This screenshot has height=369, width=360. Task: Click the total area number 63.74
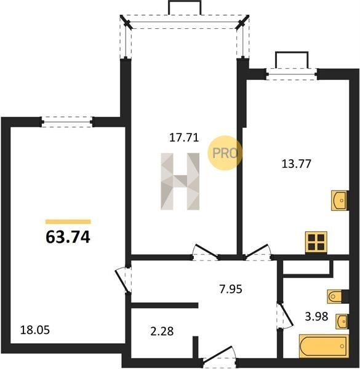tap(68, 237)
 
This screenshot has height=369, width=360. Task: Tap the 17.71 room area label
tap(184, 137)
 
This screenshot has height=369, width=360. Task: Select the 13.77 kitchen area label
tap(297, 164)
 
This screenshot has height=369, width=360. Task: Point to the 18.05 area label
tap(35, 330)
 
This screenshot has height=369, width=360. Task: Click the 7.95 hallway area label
tap(231, 289)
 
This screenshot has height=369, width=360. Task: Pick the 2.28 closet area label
tap(162, 331)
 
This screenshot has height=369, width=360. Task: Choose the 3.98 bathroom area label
tap(316, 316)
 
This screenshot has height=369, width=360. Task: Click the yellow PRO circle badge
tap(225, 153)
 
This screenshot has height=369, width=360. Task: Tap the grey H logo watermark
tap(180, 181)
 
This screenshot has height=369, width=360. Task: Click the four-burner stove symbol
tap(316, 242)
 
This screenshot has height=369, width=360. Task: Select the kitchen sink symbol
tap(340, 200)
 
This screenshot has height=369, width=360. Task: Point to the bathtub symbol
tap(324, 346)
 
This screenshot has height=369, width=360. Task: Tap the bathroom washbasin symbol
tap(342, 321)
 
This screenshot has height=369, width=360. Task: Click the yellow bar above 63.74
tap(68, 221)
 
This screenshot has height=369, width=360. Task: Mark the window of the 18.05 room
tap(68, 122)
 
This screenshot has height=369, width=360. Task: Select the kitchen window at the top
tap(292, 74)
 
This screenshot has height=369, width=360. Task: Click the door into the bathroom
tap(284, 315)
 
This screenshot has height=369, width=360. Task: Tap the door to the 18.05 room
tap(123, 280)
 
